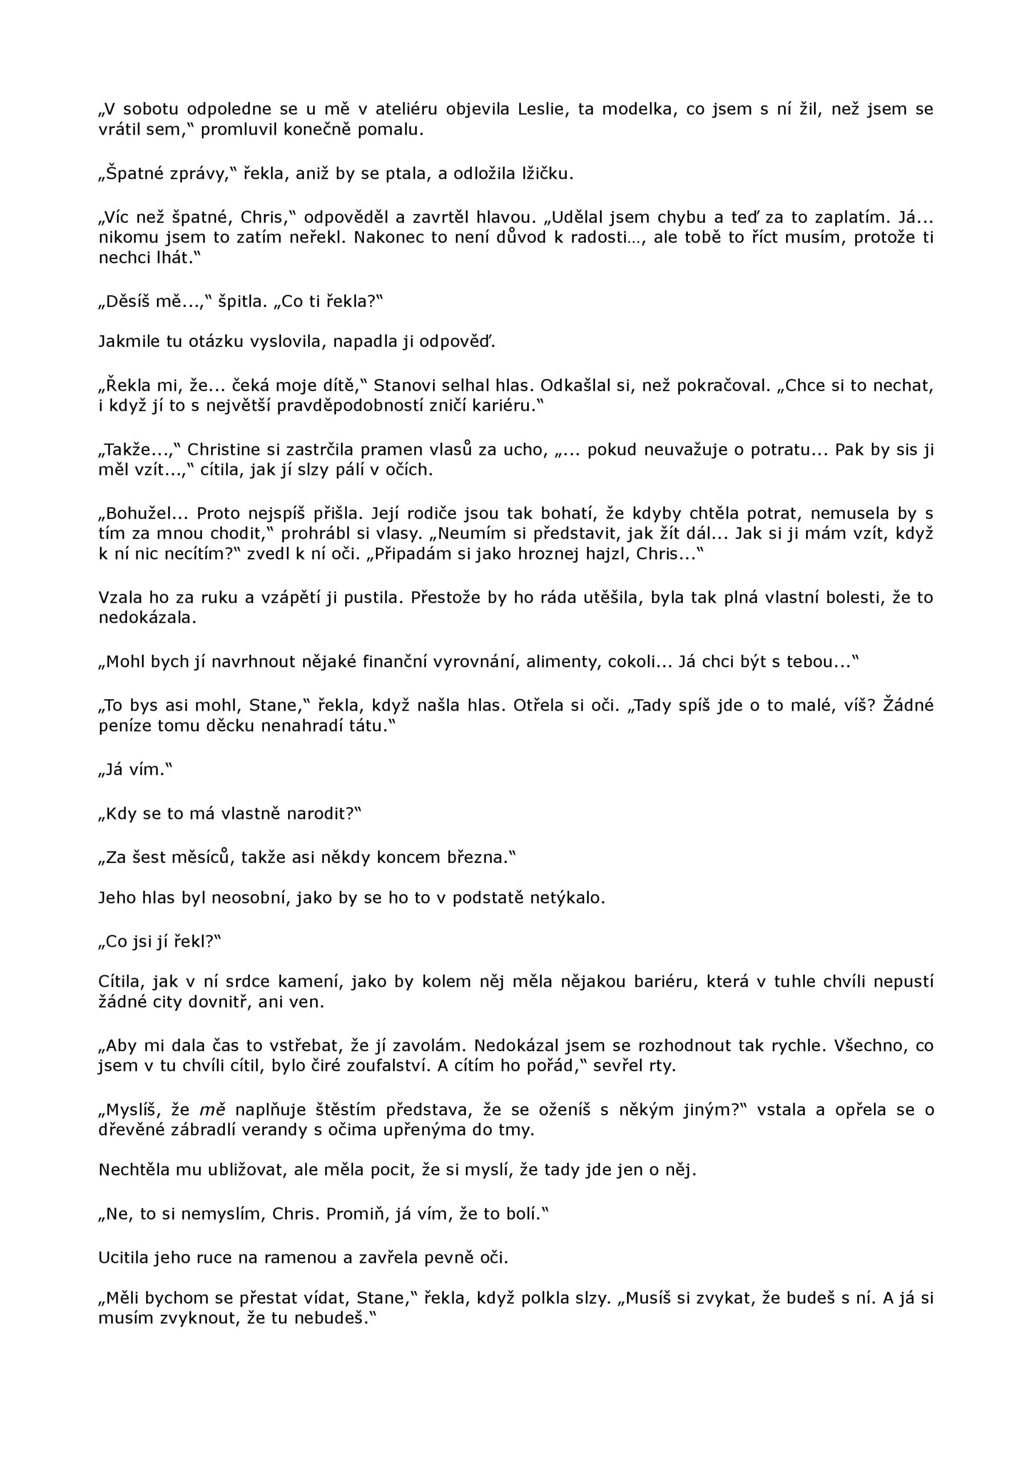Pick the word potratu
[x=787, y=450]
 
